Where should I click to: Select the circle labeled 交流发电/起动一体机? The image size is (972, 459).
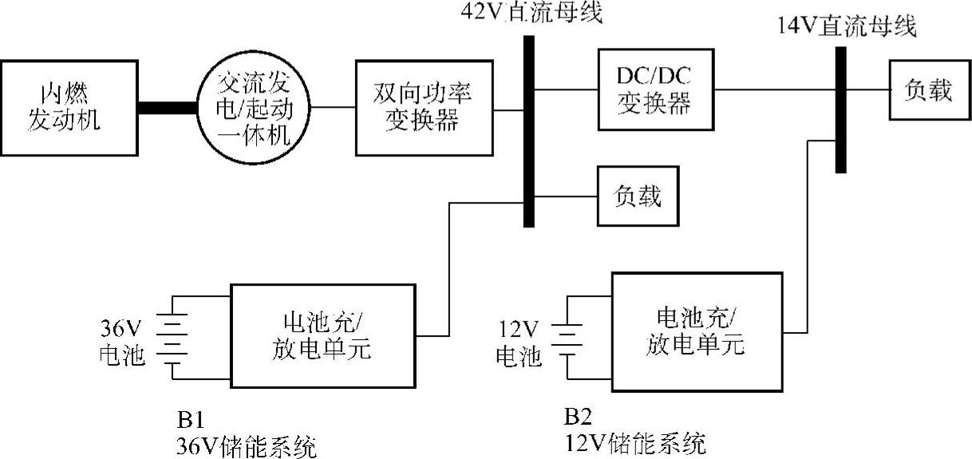pyautogui.click(x=253, y=107)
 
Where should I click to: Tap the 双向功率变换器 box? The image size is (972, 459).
pyautogui.click(x=423, y=107)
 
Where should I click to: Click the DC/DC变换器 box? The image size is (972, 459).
pyautogui.click(x=654, y=89)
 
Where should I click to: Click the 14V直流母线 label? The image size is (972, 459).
pyautogui.click(x=848, y=27)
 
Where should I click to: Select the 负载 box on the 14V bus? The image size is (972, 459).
pyautogui.click(x=927, y=90)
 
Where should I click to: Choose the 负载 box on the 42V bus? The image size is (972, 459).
pyautogui.click(x=637, y=196)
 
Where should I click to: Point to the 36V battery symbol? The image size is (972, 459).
pyautogui.click(x=172, y=338)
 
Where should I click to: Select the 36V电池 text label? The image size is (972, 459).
pyautogui.click(x=123, y=342)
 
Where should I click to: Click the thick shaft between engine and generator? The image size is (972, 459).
pyautogui.click(x=168, y=107)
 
